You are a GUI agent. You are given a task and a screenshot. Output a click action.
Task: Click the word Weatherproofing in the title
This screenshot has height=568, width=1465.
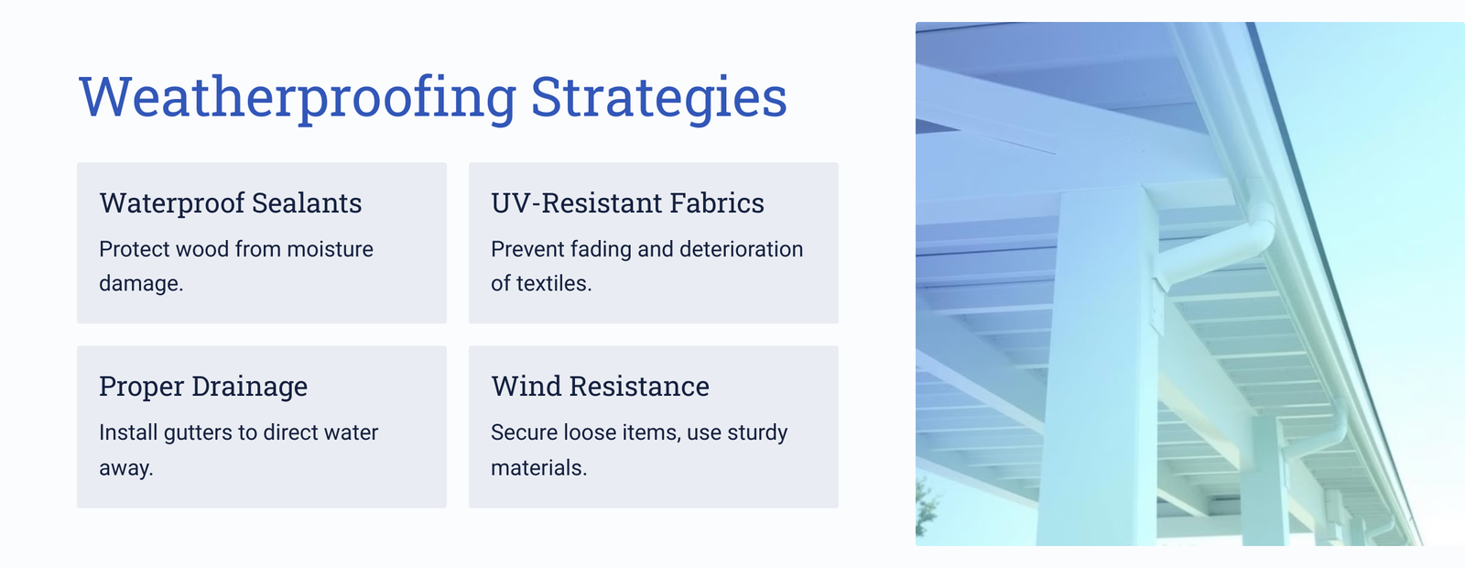[x=298, y=97]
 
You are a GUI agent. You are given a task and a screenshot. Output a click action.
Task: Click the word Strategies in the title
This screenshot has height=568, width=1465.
[x=658, y=97]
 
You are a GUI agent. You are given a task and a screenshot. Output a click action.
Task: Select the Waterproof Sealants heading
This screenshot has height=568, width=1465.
[x=230, y=202]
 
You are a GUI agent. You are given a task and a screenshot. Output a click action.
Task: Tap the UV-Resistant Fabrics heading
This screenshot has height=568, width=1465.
[x=627, y=202]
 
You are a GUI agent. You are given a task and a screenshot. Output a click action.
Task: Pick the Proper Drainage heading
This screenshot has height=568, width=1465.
[x=203, y=386]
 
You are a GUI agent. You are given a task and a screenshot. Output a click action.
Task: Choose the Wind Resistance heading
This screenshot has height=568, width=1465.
[x=600, y=386]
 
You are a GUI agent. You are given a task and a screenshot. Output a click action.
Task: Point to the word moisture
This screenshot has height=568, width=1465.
[x=330, y=249]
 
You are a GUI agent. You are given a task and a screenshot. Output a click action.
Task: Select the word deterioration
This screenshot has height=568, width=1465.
[x=741, y=249]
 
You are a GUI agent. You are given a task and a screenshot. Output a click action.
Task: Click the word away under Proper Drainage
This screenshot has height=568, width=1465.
[x=125, y=468]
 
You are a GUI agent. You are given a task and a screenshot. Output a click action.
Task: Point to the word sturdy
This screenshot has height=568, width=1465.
[x=757, y=433]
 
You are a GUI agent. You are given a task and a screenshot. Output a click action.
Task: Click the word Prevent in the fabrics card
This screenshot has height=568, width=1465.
[x=527, y=249]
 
